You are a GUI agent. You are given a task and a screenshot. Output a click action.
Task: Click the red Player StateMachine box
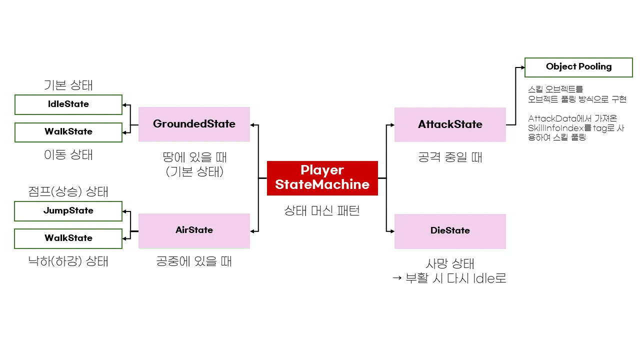[322, 177]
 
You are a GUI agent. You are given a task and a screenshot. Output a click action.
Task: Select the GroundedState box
[194, 124]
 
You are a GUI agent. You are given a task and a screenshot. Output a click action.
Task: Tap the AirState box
[194, 230]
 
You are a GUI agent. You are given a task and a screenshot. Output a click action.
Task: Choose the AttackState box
[450, 124]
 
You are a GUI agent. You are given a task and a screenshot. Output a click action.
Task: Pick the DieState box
[450, 231]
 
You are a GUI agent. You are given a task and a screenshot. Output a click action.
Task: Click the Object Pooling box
[578, 67]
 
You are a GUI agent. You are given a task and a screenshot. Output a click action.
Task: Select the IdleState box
[68, 104]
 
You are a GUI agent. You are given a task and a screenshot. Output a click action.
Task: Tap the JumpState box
[68, 211]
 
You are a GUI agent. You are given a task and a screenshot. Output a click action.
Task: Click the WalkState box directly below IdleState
[68, 132]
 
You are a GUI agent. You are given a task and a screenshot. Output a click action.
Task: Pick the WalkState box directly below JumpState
[68, 238]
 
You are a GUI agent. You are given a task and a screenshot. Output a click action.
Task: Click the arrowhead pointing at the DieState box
[391, 231]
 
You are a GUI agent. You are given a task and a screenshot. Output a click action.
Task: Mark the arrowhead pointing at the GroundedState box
[253, 124]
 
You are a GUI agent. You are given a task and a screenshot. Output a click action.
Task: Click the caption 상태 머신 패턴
[322, 211]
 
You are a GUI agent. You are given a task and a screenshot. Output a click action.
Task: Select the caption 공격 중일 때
[450, 158]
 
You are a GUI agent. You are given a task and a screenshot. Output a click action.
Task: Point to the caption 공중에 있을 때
[194, 261]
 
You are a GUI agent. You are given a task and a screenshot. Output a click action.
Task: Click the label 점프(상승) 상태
[68, 191]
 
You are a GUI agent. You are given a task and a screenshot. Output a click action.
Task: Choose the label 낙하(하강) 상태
[68, 261]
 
